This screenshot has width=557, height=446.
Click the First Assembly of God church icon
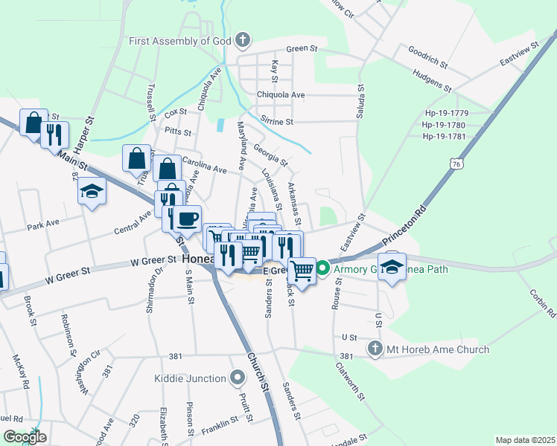(242, 41)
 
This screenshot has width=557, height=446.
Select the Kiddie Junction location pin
(238, 378)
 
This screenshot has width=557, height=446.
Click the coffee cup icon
(186, 219)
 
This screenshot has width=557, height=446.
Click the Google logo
(24, 437)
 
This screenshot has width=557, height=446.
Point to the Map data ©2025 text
(524, 440)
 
